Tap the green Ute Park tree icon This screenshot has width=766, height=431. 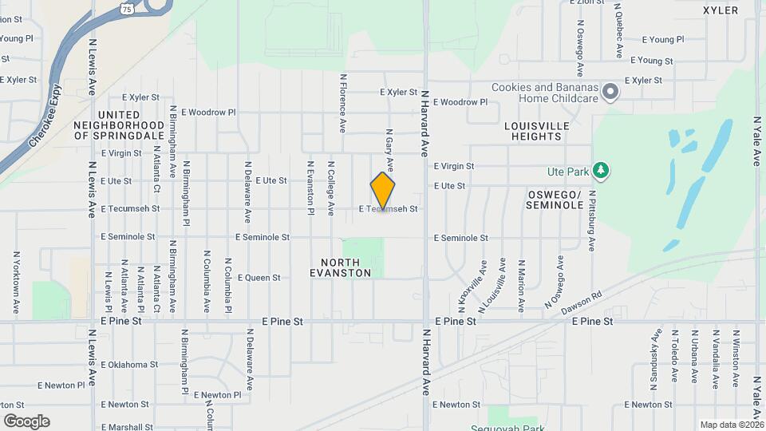pyautogui.click(x=602, y=171)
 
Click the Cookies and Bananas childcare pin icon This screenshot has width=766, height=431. pyautogui.click(x=610, y=93)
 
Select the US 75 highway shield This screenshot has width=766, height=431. pyautogui.click(x=126, y=8)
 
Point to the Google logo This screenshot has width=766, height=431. pyautogui.click(x=26, y=421)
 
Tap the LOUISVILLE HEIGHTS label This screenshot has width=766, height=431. pyautogui.click(x=537, y=131)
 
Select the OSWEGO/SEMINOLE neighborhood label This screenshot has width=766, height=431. pyautogui.click(x=555, y=200)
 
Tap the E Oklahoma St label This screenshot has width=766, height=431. pyautogui.click(x=130, y=365)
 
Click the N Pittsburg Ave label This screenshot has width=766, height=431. pyautogui.click(x=592, y=221)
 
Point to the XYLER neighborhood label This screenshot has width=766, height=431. pyautogui.click(x=721, y=10)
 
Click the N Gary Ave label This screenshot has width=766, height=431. pyautogui.click(x=389, y=151)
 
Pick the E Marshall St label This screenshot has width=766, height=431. pyautogui.click(x=127, y=427)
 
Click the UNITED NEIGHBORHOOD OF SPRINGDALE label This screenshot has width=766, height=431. pyautogui.click(x=119, y=125)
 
